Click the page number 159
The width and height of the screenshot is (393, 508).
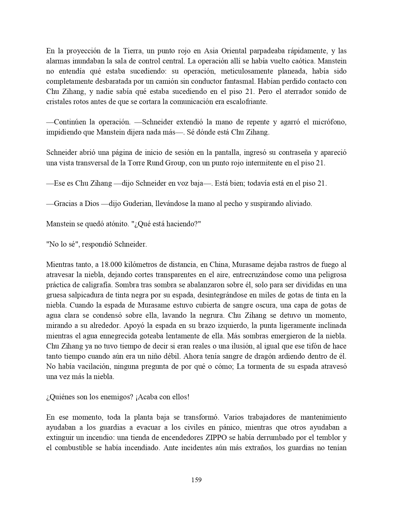(x=196, y=480)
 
